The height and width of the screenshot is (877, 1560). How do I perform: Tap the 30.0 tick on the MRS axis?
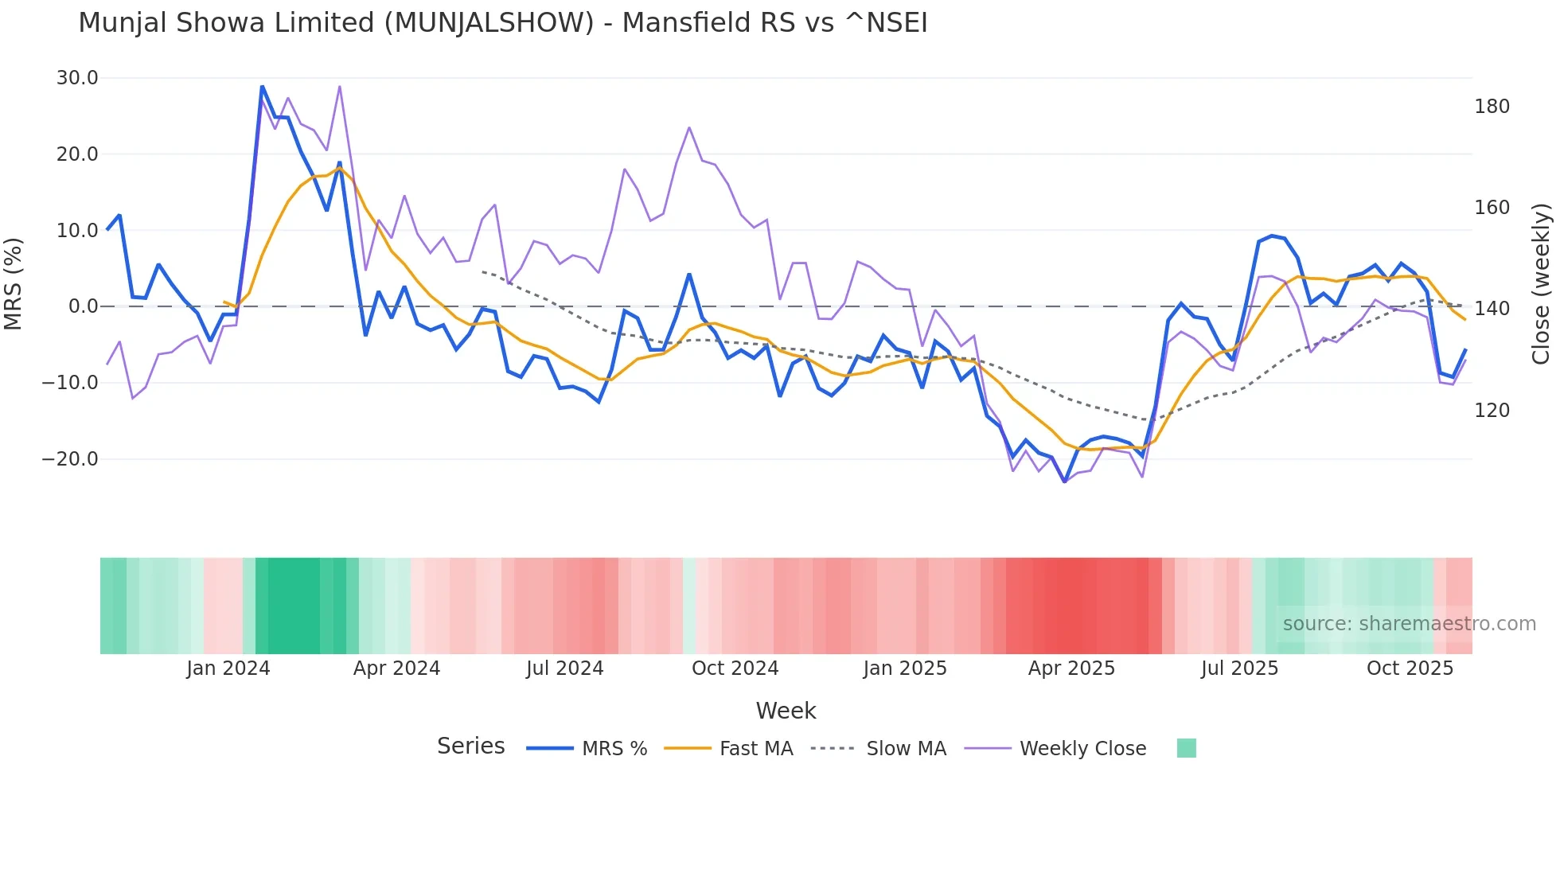77,78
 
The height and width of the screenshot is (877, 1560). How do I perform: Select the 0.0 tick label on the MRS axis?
84,306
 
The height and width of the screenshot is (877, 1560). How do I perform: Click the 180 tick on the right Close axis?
1492,107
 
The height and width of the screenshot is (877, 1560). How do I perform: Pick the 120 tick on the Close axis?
1492,411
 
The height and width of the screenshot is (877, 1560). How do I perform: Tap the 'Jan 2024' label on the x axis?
228,668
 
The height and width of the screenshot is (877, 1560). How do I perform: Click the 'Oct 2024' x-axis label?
735,668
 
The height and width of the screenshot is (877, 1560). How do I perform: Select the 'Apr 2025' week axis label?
1071,668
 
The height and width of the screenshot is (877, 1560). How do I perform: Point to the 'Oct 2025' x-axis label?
1410,668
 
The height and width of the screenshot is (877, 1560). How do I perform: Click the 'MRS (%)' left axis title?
14,283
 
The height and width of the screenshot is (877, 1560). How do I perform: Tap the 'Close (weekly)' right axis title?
1541,284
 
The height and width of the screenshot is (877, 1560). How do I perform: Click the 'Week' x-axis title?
786,711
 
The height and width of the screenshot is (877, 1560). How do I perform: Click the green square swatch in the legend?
1186,748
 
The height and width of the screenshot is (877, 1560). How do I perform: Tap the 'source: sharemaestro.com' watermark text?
1409,624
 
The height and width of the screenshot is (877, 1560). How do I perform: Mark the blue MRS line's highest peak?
262,87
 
